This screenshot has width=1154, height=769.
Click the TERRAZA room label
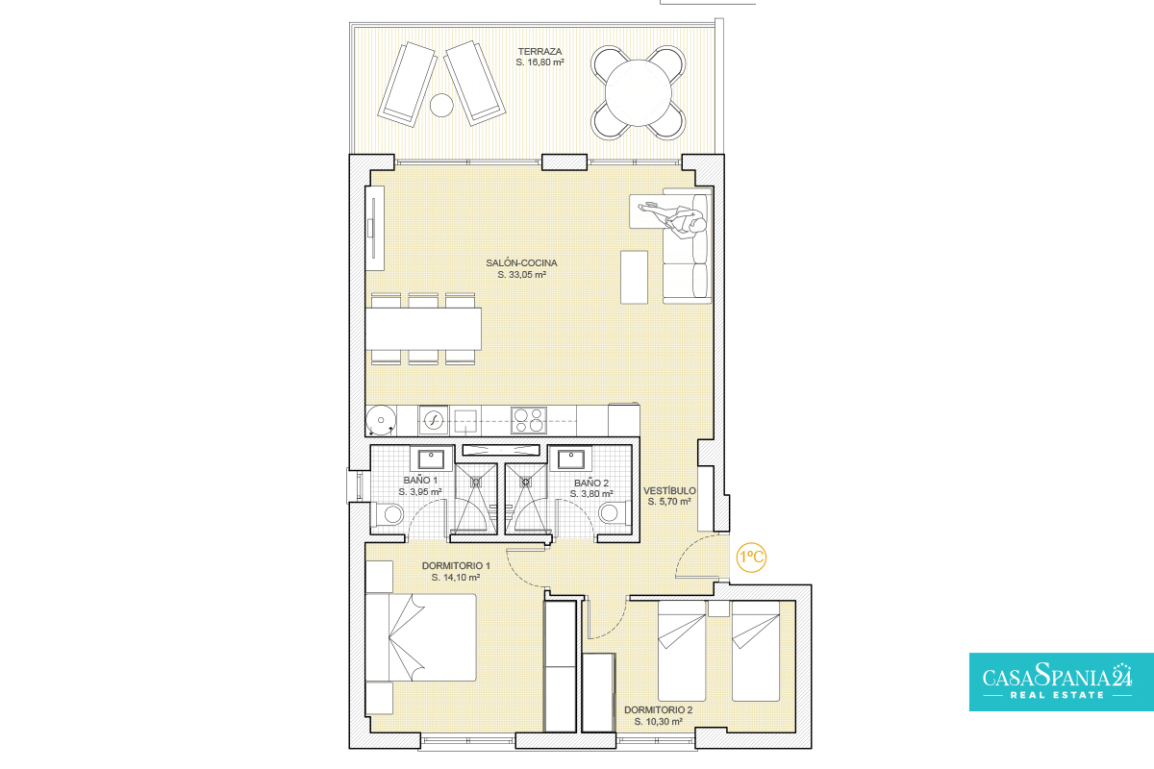(539, 52)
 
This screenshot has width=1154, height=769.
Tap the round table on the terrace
(639, 92)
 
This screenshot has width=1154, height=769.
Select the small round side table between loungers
(441, 105)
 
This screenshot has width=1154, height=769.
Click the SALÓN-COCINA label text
(521, 262)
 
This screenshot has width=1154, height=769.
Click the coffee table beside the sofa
(634, 277)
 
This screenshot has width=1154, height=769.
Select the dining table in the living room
(423, 329)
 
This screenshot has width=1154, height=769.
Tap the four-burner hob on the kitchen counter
(529, 420)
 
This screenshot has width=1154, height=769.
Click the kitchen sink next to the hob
(465, 421)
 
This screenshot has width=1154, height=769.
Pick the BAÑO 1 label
(420, 480)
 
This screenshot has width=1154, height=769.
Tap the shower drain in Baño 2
(525, 483)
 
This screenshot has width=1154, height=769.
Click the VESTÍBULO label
(669, 491)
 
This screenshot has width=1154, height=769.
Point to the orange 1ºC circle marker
(751, 558)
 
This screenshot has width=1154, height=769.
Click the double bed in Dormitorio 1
(420, 637)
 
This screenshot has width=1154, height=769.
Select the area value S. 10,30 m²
(659, 722)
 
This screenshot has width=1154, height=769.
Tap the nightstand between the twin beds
(718, 608)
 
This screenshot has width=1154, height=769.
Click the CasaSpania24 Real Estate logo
(1062, 682)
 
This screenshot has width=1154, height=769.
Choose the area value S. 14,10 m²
(456, 578)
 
